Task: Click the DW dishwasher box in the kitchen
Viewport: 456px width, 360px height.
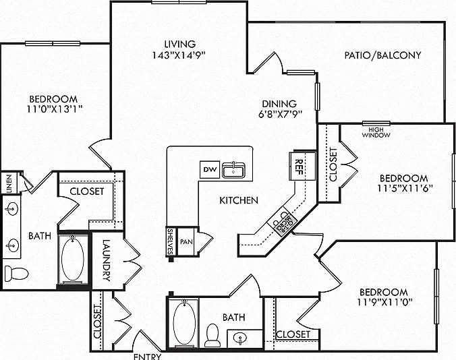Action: (x=210, y=169)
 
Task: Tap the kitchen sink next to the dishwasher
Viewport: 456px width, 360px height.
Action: (x=233, y=170)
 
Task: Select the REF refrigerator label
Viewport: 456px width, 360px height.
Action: (x=299, y=167)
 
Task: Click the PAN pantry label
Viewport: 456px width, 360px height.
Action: (x=186, y=242)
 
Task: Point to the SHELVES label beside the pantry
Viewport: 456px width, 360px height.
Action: (x=171, y=241)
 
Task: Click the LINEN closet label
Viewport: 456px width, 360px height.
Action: (x=9, y=183)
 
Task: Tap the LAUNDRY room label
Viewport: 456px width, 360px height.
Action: (x=107, y=260)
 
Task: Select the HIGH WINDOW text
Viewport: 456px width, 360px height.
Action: (x=376, y=132)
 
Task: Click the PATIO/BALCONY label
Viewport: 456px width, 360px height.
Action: (x=382, y=55)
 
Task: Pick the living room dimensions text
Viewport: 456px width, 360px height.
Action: (x=179, y=55)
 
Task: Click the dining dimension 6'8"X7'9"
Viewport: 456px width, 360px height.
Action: (x=279, y=114)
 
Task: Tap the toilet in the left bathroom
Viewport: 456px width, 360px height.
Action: (x=16, y=273)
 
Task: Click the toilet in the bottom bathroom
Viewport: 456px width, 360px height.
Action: (x=212, y=335)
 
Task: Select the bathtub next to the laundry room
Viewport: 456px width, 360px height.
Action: (x=73, y=260)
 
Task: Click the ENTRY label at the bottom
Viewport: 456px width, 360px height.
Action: (x=147, y=357)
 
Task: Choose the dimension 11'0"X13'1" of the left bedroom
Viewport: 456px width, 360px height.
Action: (x=55, y=109)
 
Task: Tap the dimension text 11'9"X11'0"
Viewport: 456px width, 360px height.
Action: (x=384, y=302)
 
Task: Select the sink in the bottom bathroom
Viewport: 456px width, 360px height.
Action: (x=240, y=338)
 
